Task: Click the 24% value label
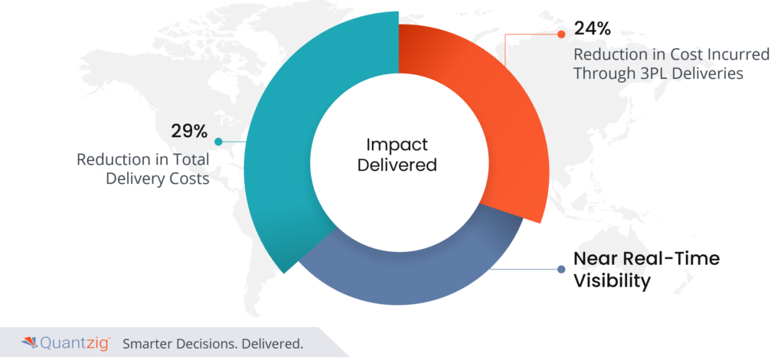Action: coord(592,29)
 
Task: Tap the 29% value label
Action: coord(188,131)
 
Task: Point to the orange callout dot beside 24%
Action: coord(561,34)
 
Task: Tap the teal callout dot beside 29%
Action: coord(218,142)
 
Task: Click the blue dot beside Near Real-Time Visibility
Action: coord(561,269)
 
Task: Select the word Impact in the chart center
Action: coord(397,146)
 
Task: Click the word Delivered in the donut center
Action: coord(397,165)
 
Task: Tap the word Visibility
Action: coord(612,281)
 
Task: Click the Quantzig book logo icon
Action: coord(30,343)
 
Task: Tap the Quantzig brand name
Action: coord(75,343)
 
